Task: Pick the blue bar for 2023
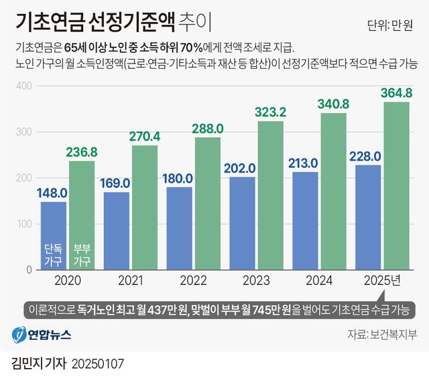tap(243, 223)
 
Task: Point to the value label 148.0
tap(53, 193)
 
